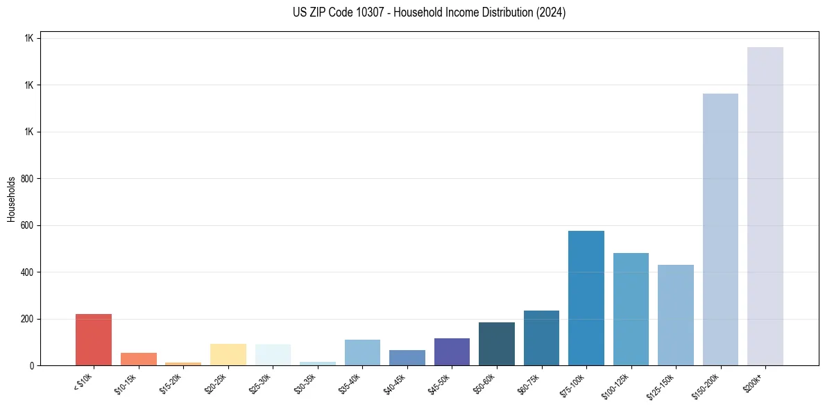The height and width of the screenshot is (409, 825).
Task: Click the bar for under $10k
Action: point(94,340)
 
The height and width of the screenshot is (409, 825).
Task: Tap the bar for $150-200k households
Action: point(720,229)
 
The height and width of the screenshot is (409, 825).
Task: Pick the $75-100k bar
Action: point(586,298)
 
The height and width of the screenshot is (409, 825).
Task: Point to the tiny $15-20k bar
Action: point(183,363)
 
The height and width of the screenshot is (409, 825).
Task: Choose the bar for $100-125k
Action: point(631,309)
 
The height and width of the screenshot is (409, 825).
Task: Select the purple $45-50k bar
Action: point(452,351)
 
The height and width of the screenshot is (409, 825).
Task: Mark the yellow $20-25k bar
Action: point(228,354)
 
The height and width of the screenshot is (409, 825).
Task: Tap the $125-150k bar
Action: point(675,315)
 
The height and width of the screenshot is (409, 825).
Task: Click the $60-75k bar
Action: point(541,338)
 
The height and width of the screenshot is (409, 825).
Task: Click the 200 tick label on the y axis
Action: point(28,319)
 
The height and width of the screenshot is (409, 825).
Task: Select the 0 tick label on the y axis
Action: point(32,365)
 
